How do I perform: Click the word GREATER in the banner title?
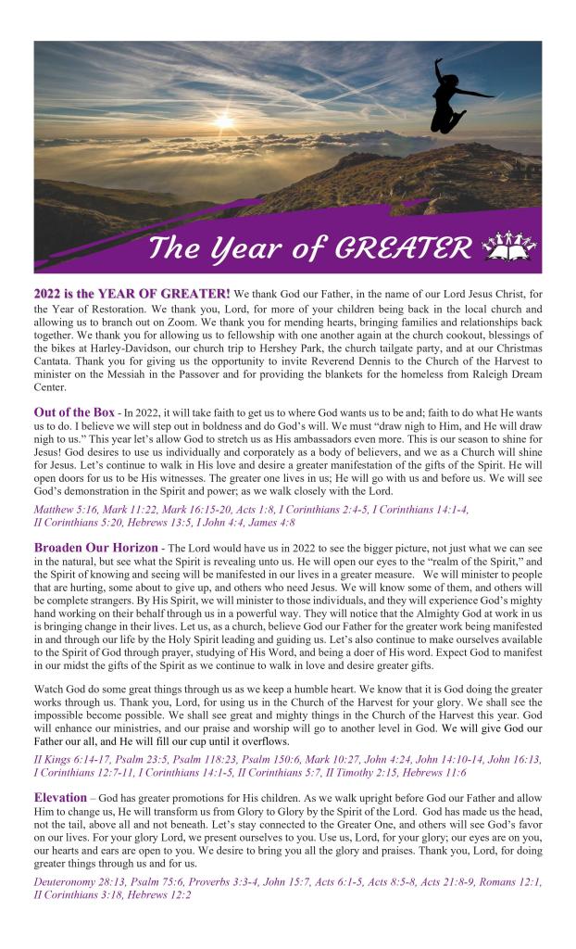pos(405,248)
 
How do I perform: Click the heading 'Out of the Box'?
pos(74,411)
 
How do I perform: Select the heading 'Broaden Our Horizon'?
pos(95,547)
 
